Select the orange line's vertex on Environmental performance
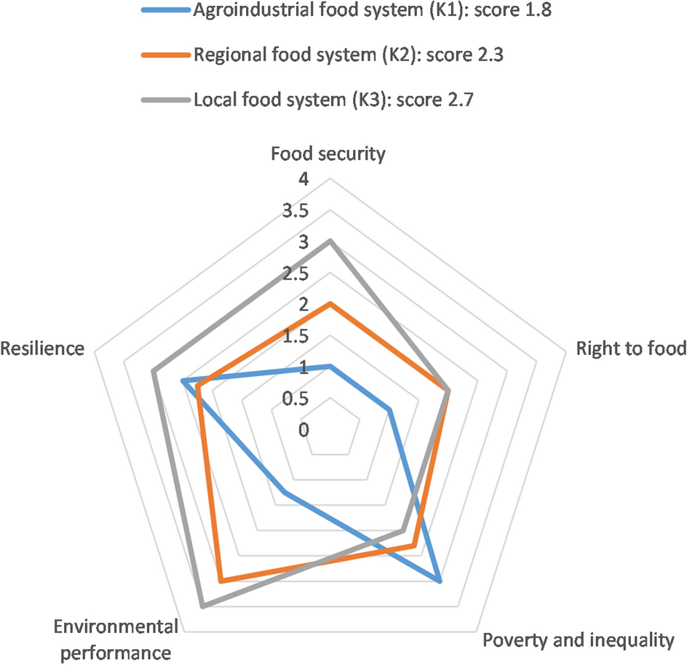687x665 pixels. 220,581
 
